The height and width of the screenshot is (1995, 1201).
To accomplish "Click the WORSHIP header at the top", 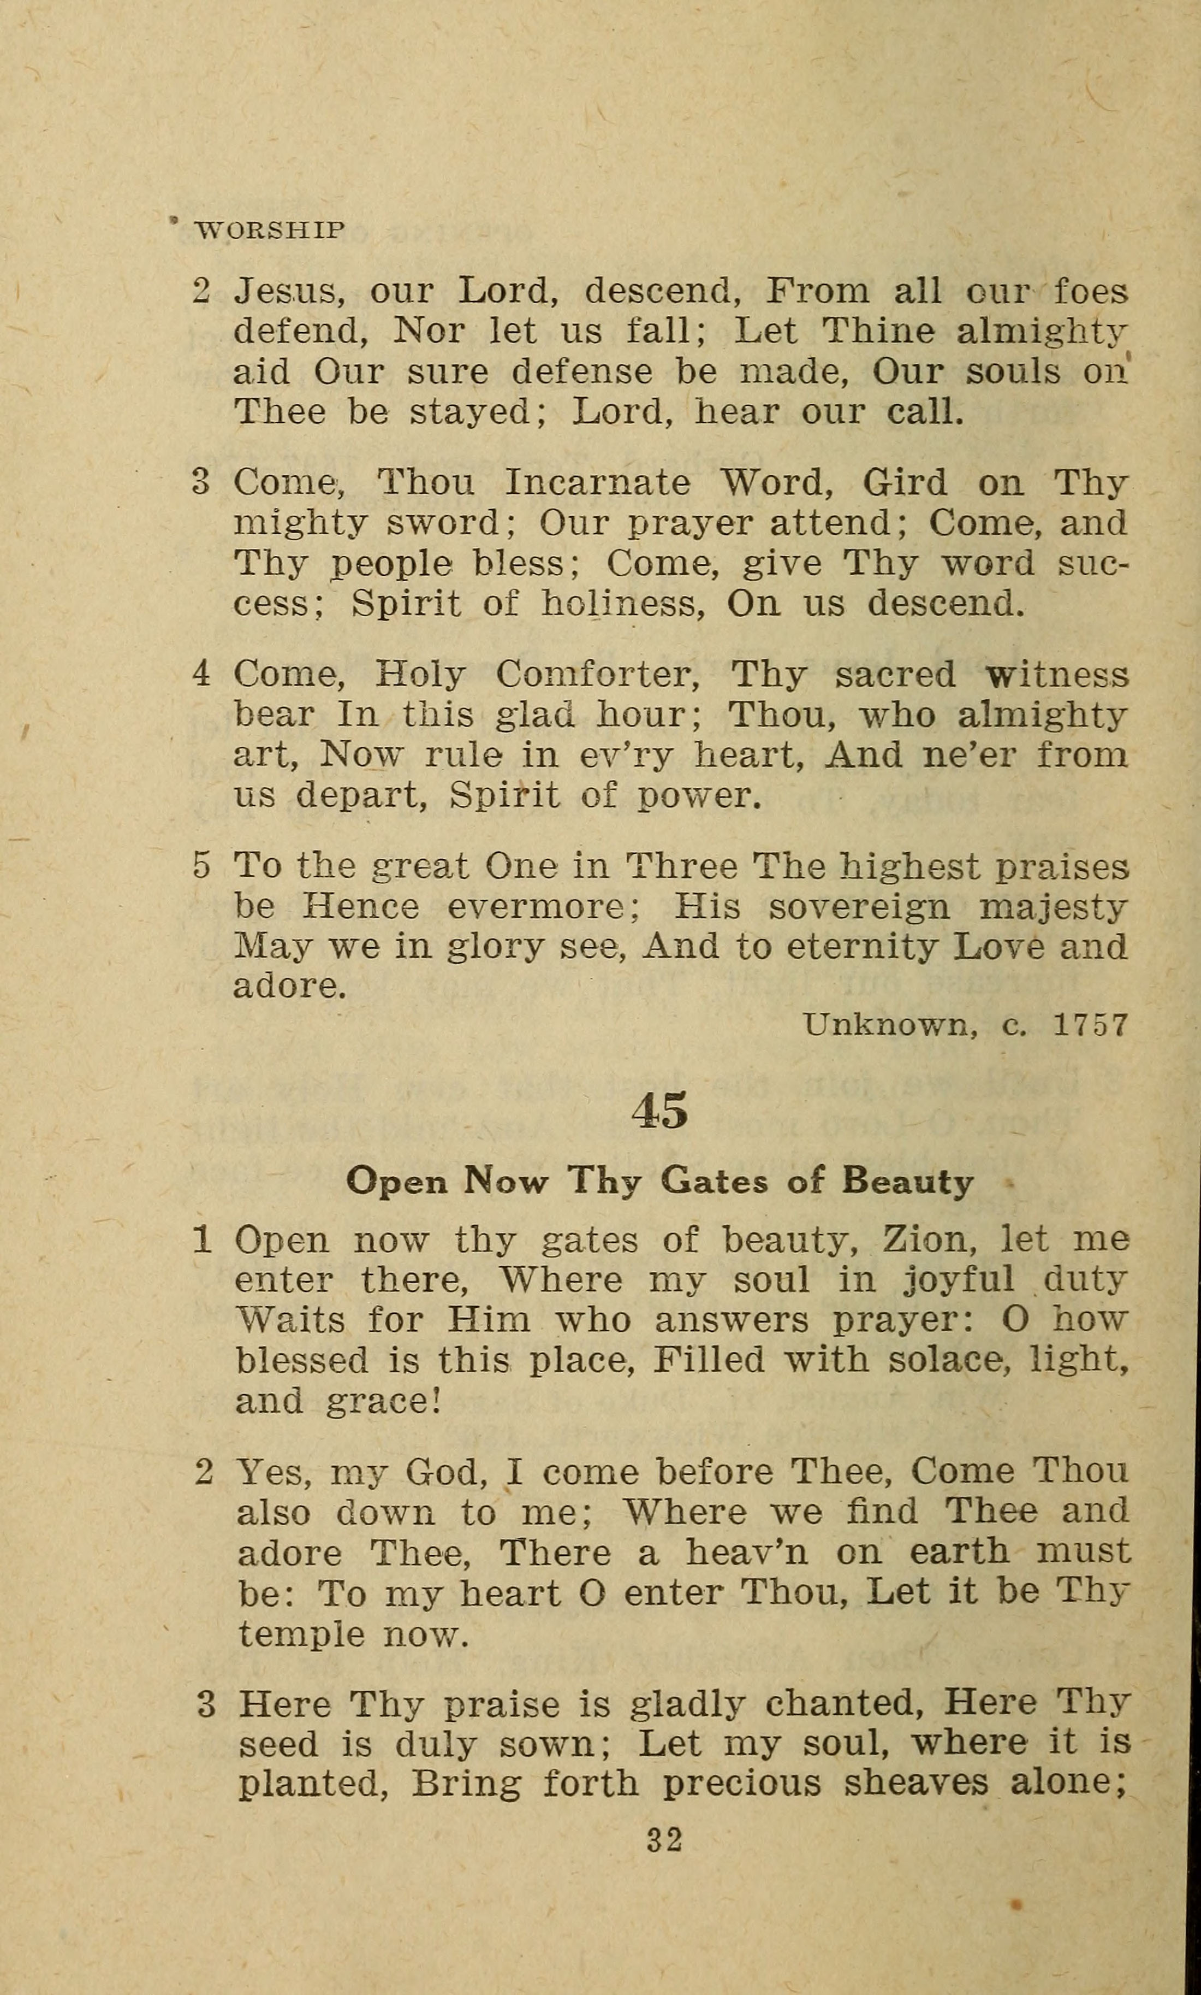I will coord(270,231).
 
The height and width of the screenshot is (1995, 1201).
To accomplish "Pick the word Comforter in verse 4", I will coord(597,675).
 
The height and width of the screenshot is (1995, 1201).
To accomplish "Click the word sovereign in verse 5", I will coord(859,907).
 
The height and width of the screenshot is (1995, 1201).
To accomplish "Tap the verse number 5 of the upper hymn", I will coord(201,867).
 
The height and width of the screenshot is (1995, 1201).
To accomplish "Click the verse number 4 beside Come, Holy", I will coord(201,675).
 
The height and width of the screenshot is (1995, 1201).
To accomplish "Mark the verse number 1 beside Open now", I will coord(203,1241).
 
